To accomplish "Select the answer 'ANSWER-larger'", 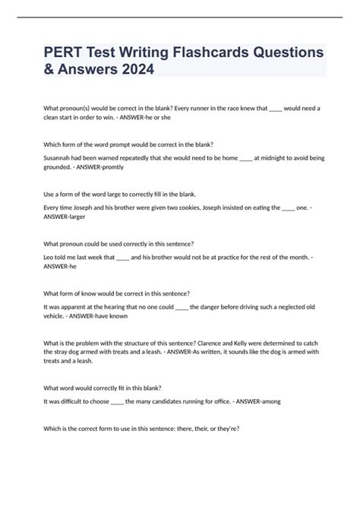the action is (64, 216).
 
